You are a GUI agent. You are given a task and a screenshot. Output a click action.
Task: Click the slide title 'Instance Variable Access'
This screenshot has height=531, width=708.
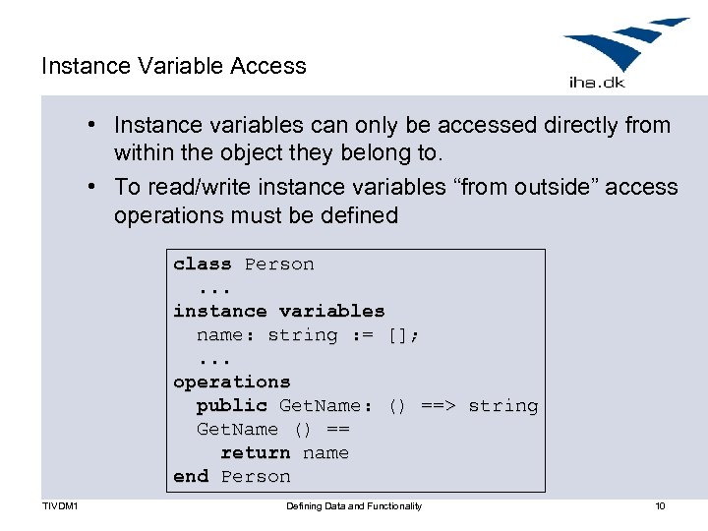click(174, 66)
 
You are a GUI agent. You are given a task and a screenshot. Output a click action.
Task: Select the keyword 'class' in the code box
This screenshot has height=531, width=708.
click(203, 264)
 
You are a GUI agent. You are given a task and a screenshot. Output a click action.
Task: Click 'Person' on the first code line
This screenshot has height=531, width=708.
click(279, 264)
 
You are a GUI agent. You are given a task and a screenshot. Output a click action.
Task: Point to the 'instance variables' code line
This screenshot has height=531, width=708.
click(279, 311)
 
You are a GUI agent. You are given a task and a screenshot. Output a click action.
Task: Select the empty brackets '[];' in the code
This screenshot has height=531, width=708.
click(403, 335)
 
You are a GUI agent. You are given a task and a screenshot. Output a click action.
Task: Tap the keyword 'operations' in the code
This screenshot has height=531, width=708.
click(232, 382)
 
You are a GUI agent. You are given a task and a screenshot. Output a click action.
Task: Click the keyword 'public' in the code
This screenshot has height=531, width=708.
click(232, 405)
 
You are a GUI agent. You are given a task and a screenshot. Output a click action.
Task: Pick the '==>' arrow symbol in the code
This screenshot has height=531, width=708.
click(438, 405)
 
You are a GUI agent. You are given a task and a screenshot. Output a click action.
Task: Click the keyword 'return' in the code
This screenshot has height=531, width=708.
click(256, 452)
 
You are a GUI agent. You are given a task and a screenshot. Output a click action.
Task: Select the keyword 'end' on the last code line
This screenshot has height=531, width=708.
click(191, 476)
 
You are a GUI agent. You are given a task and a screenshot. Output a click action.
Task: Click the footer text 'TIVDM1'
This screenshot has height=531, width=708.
click(60, 506)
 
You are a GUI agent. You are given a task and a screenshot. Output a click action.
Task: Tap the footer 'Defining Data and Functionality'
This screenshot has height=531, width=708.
click(354, 506)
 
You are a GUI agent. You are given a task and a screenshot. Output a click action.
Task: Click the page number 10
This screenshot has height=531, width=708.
click(660, 506)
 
